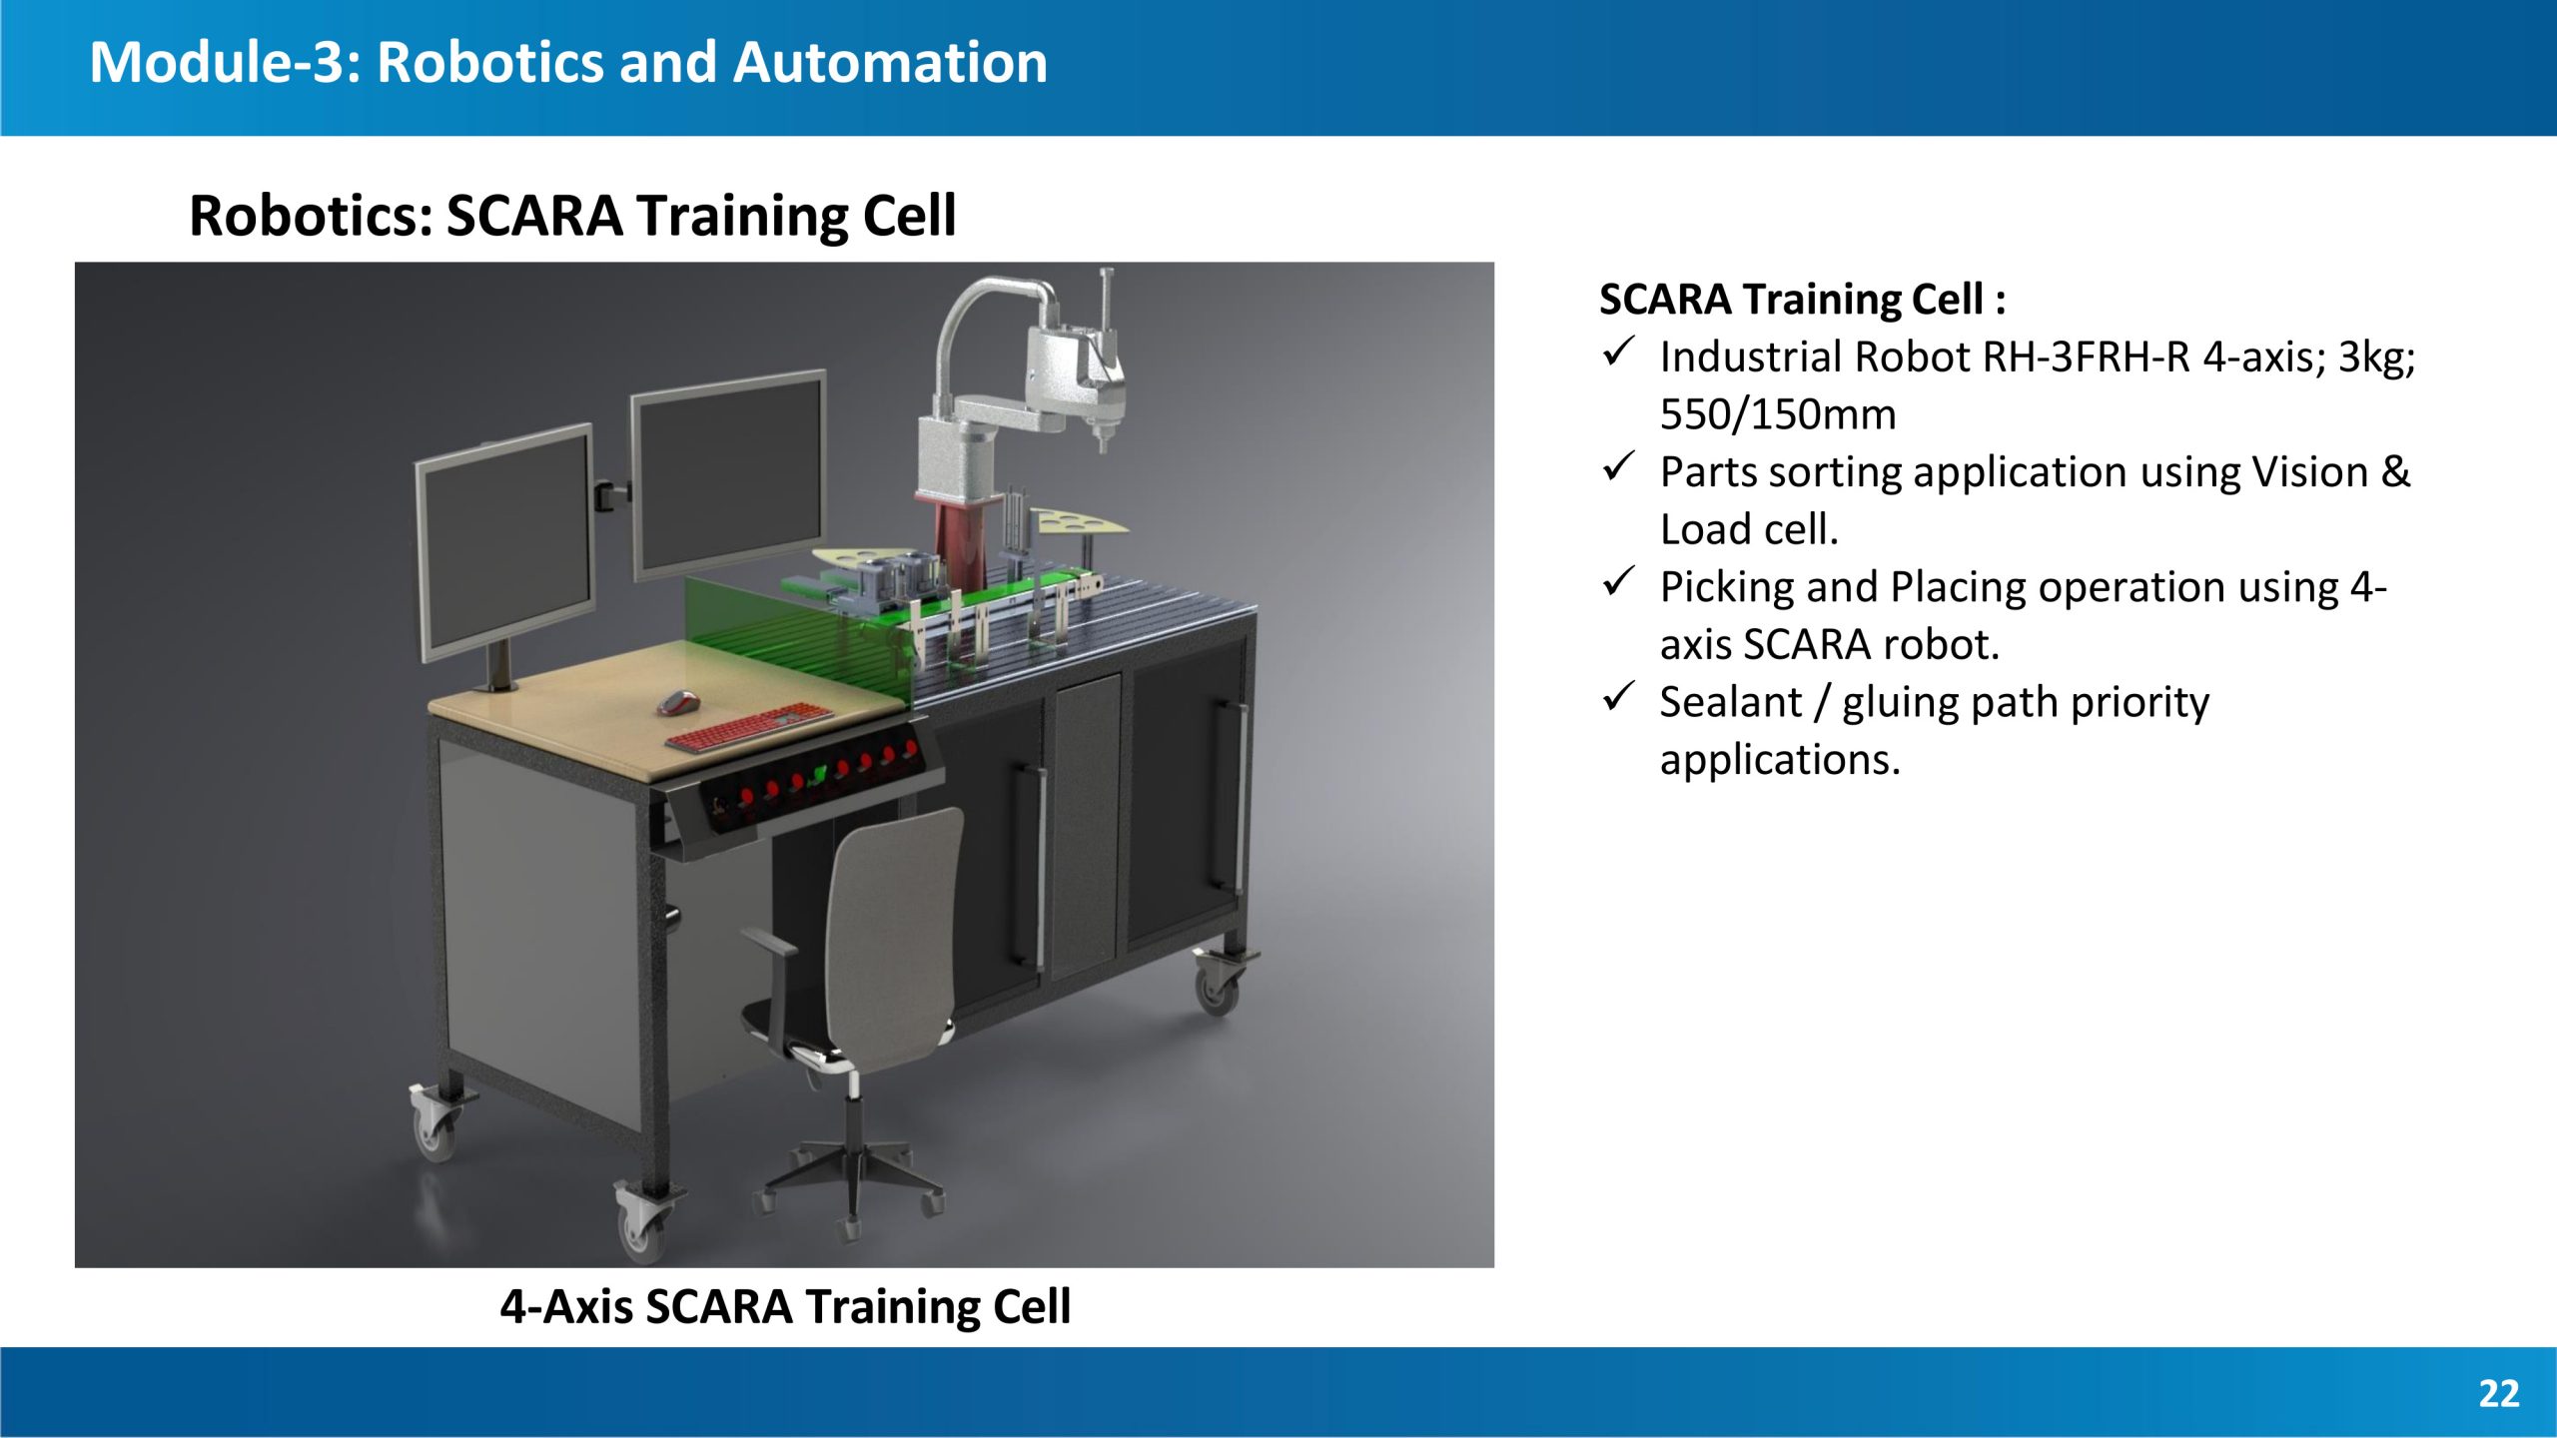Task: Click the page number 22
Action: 2499,1393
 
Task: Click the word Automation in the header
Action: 891,62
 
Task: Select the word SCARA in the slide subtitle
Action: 534,216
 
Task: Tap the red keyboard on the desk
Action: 749,726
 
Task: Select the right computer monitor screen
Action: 728,473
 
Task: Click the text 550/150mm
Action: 1778,414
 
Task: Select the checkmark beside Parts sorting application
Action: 1618,466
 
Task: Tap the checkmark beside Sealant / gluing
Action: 1618,696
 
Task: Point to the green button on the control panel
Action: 819,775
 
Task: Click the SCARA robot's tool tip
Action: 1103,443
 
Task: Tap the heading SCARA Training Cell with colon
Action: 1803,300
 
